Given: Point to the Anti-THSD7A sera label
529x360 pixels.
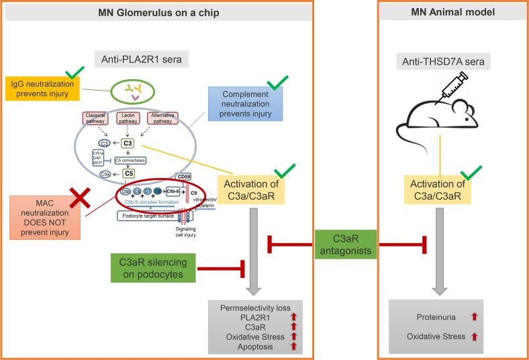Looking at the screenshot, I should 453,62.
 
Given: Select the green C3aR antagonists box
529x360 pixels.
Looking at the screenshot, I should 347,244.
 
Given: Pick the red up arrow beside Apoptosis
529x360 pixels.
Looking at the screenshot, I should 292,347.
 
